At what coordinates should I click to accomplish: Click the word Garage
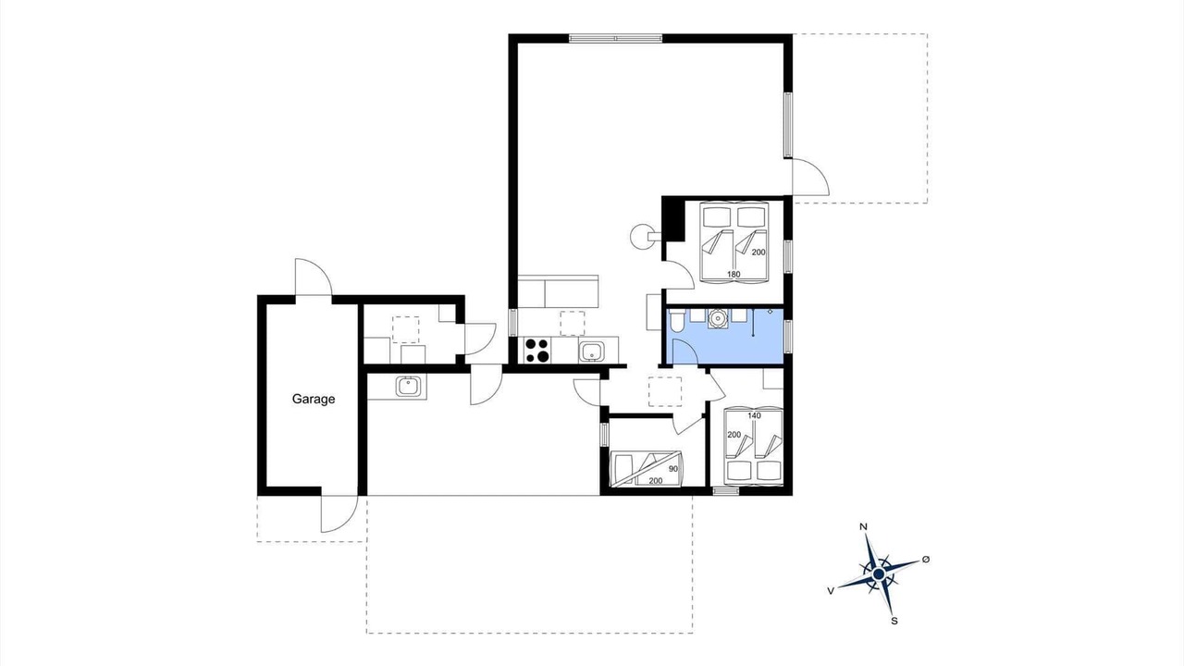coord(314,399)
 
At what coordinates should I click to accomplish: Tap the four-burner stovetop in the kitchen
coord(536,350)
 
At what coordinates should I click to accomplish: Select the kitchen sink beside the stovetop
coord(591,351)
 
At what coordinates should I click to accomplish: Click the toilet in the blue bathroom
coord(677,320)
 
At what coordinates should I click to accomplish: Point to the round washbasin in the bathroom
coord(717,319)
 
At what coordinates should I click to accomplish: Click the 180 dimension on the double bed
coord(734,275)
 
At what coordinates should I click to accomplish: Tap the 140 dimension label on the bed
coord(754,415)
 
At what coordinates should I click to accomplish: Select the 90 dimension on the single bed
coord(672,469)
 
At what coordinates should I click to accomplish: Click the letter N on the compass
coord(864,526)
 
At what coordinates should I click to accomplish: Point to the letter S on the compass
coord(894,621)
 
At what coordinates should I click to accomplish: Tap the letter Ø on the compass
coord(926,560)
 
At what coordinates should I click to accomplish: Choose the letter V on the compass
coord(831,591)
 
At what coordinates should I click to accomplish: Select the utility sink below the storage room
coord(409,387)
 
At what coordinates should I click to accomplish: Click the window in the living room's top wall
coord(616,38)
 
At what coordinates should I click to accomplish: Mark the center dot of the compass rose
coord(879,574)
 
